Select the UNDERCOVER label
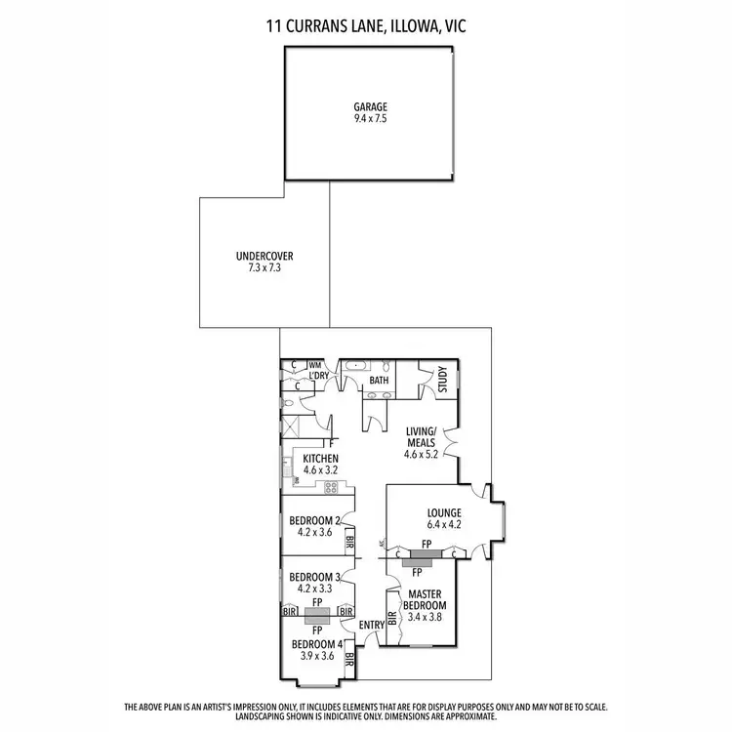pyautogui.click(x=264, y=257)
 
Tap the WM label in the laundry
pyautogui.click(x=314, y=365)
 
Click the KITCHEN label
pyautogui.click(x=320, y=459)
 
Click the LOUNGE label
pyautogui.click(x=443, y=512)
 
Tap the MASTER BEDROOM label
pyautogui.click(x=425, y=599)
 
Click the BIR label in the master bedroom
pyautogui.click(x=392, y=617)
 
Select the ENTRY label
pyautogui.click(x=371, y=626)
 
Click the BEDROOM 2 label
pyautogui.click(x=314, y=520)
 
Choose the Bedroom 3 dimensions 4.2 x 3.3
pyautogui.click(x=313, y=589)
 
